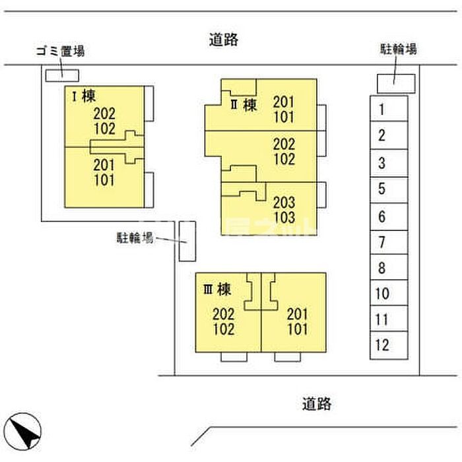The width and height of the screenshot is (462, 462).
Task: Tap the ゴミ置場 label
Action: click(60, 51)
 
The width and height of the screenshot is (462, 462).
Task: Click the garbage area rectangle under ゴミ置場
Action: click(61, 75)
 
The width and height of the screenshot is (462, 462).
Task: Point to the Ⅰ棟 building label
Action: click(82, 96)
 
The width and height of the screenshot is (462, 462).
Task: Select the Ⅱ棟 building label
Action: click(243, 104)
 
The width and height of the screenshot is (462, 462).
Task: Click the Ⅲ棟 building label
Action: click(216, 288)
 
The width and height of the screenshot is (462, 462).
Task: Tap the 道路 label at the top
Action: click(220, 40)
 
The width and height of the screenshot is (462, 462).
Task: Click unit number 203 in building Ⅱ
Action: click(284, 203)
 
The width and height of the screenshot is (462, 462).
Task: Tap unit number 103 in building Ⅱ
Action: click(284, 217)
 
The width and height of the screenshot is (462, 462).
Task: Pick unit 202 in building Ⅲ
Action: click(224, 314)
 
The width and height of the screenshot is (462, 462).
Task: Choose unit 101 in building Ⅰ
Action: click(104, 179)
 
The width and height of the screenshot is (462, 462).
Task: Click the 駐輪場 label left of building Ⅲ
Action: click(135, 238)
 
